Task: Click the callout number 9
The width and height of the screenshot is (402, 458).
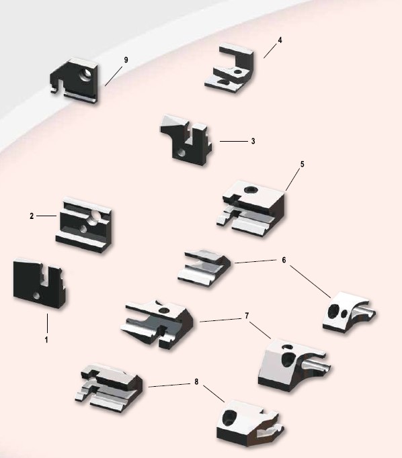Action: click(x=126, y=60)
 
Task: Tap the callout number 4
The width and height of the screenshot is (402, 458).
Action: click(x=280, y=40)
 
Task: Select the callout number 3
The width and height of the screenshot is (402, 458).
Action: click(x=253, y=141)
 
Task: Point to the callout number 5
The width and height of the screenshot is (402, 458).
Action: click(x=303, y=164)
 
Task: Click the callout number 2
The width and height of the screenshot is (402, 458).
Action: click(x=32, y=216)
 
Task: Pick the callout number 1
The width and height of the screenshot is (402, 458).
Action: click(x=46, y=340)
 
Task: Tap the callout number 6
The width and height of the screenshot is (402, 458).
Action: click(x=284, y=260)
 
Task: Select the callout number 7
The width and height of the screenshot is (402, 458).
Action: click(x=247, y=316)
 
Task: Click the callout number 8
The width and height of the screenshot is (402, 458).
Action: click(x=196, y=381)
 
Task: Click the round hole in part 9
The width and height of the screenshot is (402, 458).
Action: click(x=86, y=75)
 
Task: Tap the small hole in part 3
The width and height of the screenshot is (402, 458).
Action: click(x=182, y=152)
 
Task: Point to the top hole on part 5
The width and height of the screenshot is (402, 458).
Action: click(x=251, y=189)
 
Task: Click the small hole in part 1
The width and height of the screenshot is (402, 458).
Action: click(x=36, y=295)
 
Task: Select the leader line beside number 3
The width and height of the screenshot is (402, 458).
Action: click(x=233, y=142)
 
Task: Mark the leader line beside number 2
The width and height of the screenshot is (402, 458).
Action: click(x=46, y=216)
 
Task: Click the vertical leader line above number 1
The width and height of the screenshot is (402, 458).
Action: click(x=47, y=323)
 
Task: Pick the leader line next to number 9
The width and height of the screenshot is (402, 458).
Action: click(x=114, y=77)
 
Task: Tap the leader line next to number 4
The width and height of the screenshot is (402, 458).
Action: click(x=270, y=51)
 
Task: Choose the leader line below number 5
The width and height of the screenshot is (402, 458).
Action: click(x=293, y=179)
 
